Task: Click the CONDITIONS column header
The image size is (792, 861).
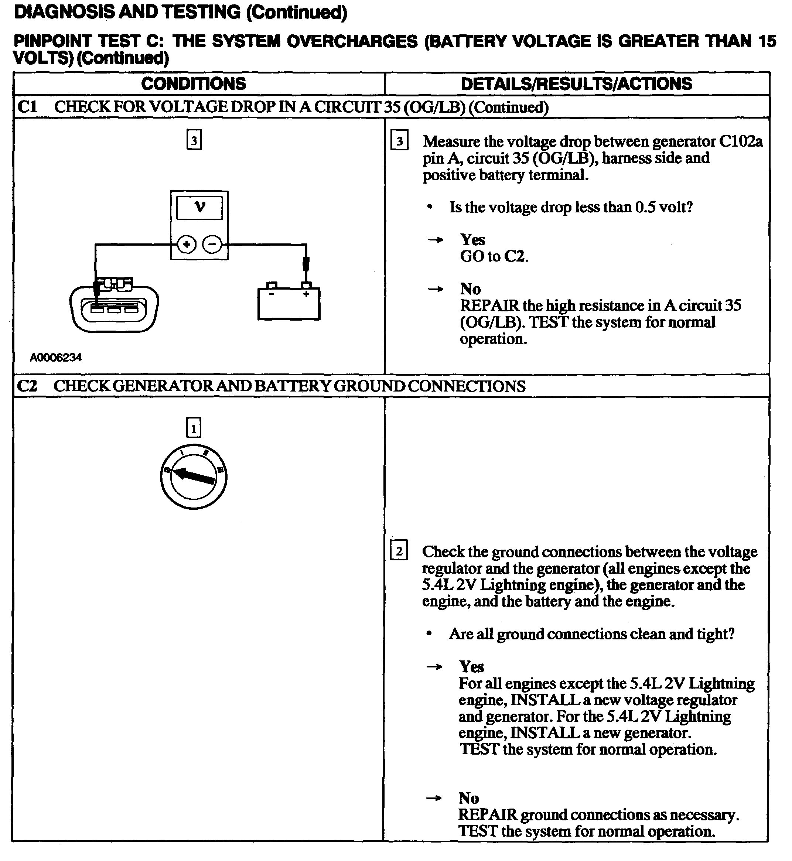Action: [x=194, y=84]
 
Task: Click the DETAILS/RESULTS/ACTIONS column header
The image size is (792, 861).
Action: [x=576, y=84]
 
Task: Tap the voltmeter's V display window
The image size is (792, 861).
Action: [x=200, y=208]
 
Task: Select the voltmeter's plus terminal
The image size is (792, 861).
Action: [x=187, y=245]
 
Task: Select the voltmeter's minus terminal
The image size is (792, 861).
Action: [x=212, y=245]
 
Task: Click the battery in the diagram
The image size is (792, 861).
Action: [x=289, y=302]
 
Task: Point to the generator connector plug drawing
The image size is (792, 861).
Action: [x=114, y=305]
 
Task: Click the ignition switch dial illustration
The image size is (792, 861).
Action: [x=194, y=477]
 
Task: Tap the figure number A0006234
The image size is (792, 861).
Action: [x=56, y=358]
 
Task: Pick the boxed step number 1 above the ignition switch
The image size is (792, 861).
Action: [x=194, y=428]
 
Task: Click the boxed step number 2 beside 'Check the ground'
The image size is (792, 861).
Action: [x=399, y=551]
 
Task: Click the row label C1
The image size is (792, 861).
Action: [x=27, y=107]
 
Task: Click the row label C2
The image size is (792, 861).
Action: [x=27, y=386]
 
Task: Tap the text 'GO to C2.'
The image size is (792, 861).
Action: [x=494, y=256]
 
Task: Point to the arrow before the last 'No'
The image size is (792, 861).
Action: [x=434, y=798]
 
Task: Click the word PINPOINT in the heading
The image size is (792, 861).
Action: [x=53, y=41]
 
